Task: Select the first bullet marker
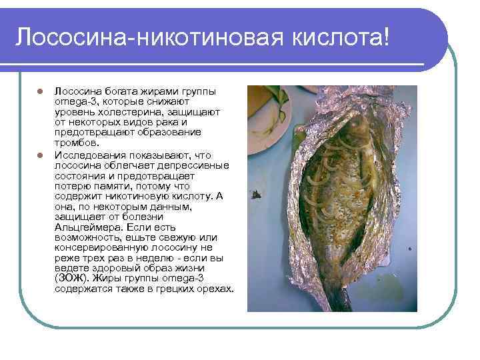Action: [x=40, y=92]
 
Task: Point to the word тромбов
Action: [x=76, y=143]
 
